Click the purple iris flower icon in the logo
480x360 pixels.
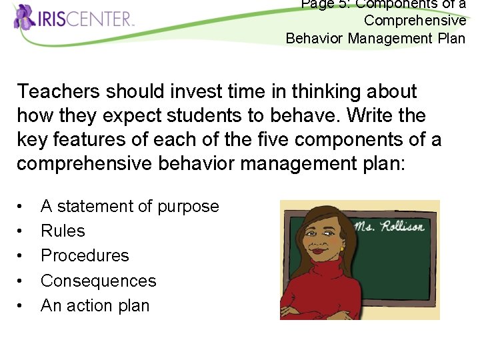(x=25, y=17)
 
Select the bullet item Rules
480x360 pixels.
(x=63, y=231)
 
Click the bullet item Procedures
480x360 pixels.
(x=85, y=256)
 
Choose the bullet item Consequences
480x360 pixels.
(x=98, y=281)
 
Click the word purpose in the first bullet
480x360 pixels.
(x=188, y=207)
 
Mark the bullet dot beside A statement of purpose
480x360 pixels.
(x=21, y=207)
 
